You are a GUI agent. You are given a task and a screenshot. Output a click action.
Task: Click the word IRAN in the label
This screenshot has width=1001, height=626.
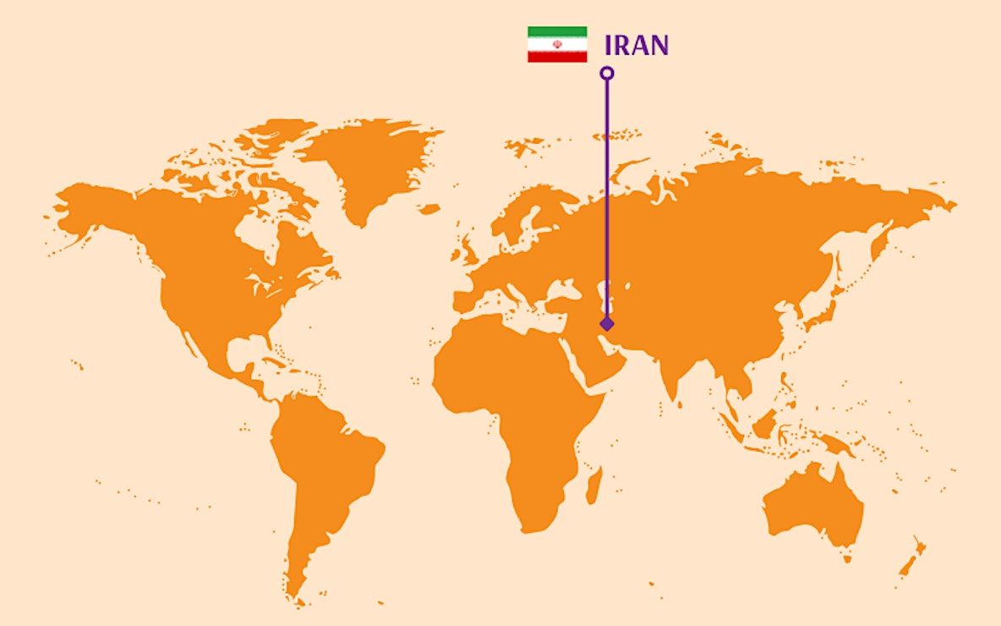click(x=637, y=45)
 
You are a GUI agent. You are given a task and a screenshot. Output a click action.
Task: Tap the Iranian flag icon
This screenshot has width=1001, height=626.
click(x=557, y=44)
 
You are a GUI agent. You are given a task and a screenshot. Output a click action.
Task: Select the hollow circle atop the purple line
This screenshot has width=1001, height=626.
click(x=606, y=73)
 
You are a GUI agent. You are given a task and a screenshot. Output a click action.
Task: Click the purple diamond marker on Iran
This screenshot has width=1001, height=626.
click(x=606, y=324)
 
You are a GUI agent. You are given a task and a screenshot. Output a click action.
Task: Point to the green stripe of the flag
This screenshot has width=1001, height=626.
click(x=557, y=31)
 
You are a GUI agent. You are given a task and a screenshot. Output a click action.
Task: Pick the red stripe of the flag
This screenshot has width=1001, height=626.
click(x=557, y=56)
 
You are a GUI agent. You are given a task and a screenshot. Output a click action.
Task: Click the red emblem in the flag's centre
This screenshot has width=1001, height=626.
click(x=557, y=44)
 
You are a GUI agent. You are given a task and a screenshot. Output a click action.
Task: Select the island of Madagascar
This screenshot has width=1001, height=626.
click(x=593, y=486)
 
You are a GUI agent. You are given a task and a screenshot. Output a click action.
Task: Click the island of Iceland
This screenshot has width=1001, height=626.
click(x=429, y=208)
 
